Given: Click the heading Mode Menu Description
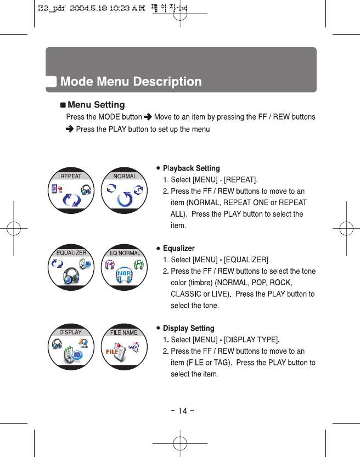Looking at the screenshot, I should [131, 82].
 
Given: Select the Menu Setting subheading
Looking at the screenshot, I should [95, 105].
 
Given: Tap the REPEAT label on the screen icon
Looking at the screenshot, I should [71, 176].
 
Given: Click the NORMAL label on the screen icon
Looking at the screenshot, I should [125, 176].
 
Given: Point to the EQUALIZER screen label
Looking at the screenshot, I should [71, 253].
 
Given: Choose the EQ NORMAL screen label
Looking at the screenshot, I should [125, 253].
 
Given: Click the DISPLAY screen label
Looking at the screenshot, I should [70, 332].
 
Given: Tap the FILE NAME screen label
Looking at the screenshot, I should [123, 332].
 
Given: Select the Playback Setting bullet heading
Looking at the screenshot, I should [191, 168].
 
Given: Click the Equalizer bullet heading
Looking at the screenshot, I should [178, 249].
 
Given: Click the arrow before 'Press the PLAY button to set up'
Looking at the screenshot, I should [69, 129].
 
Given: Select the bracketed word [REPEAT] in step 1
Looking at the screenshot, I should [240, 179].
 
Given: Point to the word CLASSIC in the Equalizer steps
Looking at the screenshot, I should [185, 294].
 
